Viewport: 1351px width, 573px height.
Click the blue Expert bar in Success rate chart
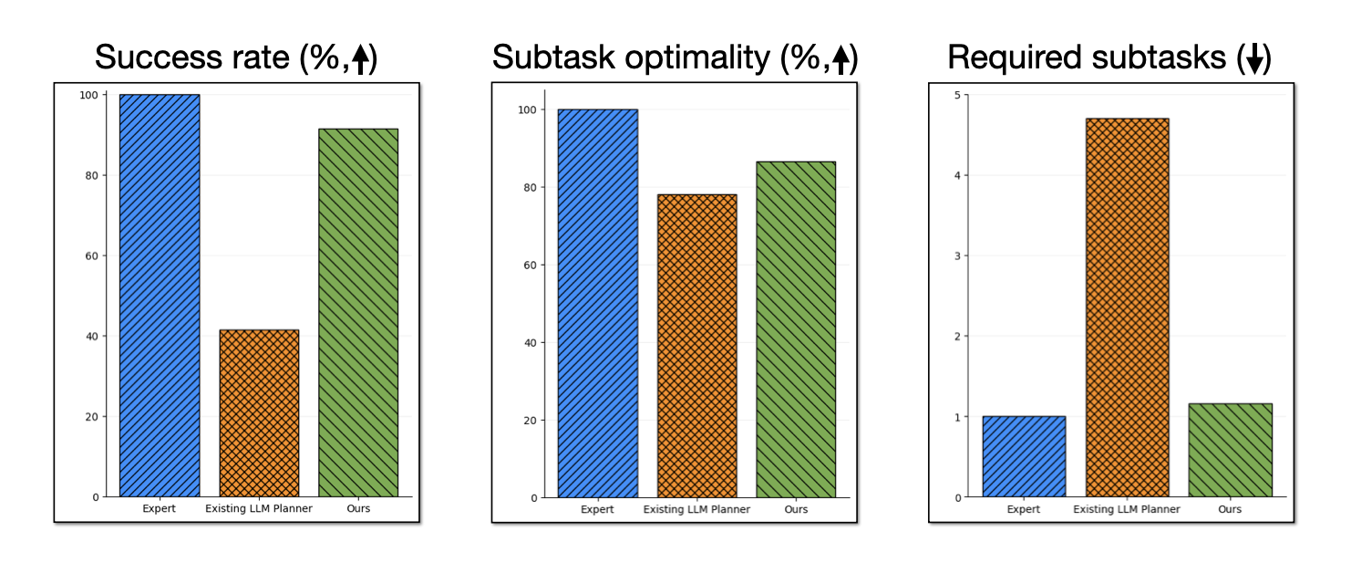click(160, 296)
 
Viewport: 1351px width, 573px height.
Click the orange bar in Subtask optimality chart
click(696, 346)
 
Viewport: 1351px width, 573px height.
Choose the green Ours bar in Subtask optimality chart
click(796, 329)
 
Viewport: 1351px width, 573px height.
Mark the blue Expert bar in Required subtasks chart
click(1024, 456)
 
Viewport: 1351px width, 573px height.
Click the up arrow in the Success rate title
click(361, 59)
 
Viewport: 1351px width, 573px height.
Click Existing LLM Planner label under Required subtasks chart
click(1127, 509)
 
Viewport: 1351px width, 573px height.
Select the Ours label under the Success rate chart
click(358, 508)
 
